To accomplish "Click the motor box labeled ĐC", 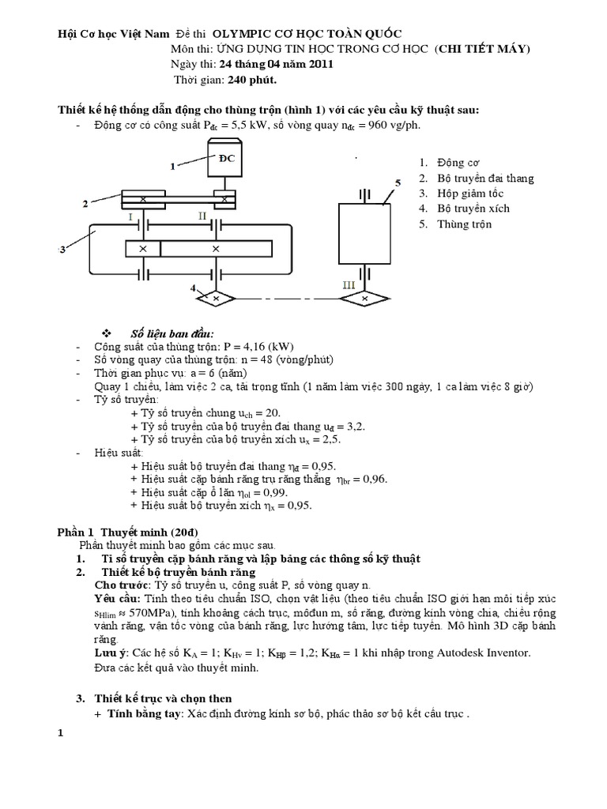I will point(227,159).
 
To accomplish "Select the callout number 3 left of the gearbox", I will point(61,250).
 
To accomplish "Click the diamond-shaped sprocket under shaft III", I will point(364,299).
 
